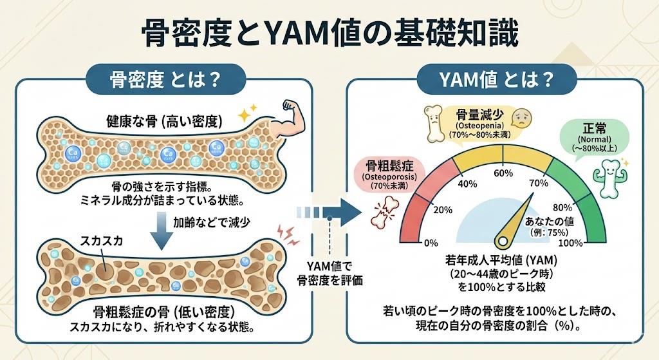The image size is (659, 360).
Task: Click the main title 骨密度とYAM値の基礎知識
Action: pyautogui.click(x=329, y=33)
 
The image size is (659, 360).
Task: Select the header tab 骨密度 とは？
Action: pyautogui.click(x=167, y=82)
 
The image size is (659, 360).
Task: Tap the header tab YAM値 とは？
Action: pyautogui.click(x=495, y=82)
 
